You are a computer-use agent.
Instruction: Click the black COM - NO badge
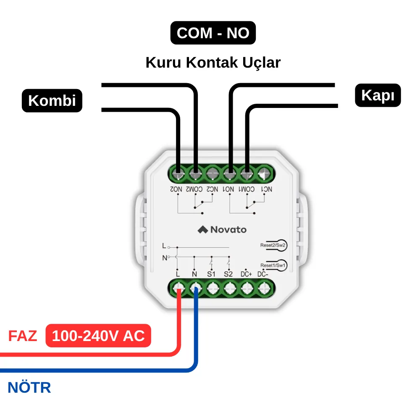(213, 33)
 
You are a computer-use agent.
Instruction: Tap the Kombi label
(52, 100)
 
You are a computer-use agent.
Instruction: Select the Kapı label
(378, 95)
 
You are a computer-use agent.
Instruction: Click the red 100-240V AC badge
(98, 336)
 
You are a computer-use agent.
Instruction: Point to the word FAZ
(23, 336)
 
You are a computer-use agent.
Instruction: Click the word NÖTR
(29, 387)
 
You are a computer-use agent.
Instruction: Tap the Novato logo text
(228, 230)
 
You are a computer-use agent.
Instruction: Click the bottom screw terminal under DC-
(264, 289)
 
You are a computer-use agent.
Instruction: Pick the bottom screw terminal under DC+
(247, 289)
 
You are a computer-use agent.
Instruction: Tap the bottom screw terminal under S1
(213, 289)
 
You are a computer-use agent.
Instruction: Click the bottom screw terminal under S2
(230, 289)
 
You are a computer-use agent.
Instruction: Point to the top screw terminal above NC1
(264, 174)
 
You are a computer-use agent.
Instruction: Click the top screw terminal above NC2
(213, 174)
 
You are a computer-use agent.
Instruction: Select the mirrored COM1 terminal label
(247, 189)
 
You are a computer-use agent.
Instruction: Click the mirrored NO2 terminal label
(176, 189)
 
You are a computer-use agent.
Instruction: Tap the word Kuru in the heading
(163, 63)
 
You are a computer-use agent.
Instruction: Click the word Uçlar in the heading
(261, 63)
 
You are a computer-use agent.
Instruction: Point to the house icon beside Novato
(203, 230)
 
